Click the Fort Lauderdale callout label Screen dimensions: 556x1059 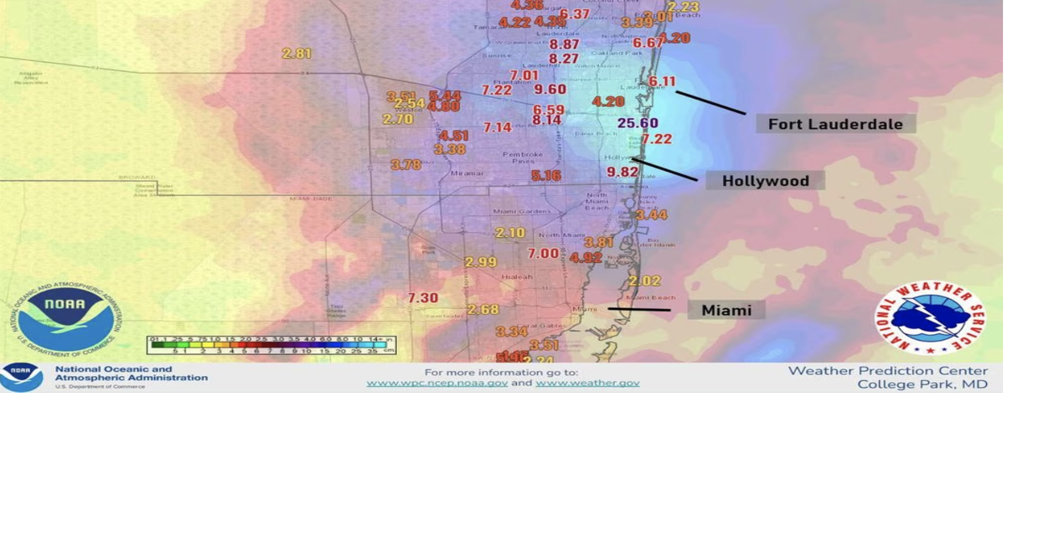(x=835, y=124)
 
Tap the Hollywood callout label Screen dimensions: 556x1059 (x=765, y=181)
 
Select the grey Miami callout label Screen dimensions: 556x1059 (x=726, y=311)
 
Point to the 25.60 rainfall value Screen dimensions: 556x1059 (x=638, y=123)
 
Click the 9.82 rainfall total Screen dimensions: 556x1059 (x=622, y=172)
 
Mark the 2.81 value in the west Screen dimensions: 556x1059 (x=297, y=54)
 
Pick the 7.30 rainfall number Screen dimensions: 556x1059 (x=423, y=298)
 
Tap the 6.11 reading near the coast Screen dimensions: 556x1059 (x=662, y=81)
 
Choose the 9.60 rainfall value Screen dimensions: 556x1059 (x=550, y=90)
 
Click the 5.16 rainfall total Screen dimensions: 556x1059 (x=545, y=176)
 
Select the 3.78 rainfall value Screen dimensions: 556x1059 (x=406, y=165)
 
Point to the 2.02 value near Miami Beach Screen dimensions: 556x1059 (x=644, y=281)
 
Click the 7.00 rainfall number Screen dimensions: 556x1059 (x=543, y=254)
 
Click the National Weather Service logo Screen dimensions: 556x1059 (x=930, y=317)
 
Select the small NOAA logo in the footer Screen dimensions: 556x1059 (x=21, y=377)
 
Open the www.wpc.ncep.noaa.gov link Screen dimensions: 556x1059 (x=437, y=383)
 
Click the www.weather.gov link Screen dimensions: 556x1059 (x=587, y=383)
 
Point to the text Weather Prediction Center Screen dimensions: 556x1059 (x=887, y=371)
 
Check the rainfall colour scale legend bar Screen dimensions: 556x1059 (x=271, y=345)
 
